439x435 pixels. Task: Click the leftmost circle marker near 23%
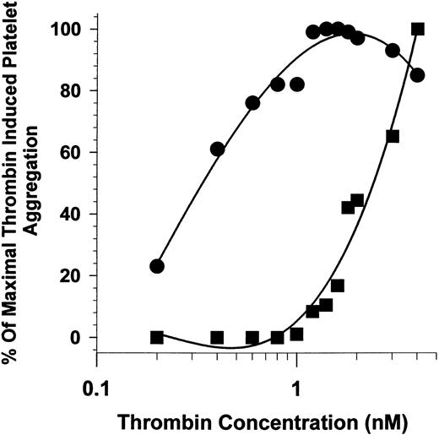click(156, 266)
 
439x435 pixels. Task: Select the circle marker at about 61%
click(217, 150)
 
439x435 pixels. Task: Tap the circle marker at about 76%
click(252, 103)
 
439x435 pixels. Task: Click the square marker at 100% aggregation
click(417, 29)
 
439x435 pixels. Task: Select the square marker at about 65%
click(393, 137)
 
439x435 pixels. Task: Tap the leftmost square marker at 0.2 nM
click(156, 337)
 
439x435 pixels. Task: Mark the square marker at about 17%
click(338, 285)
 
